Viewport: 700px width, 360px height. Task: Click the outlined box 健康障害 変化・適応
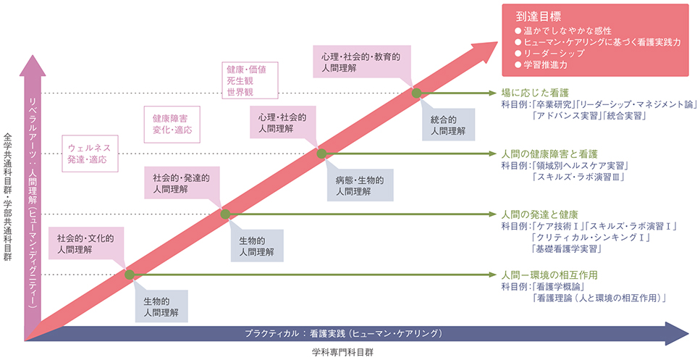(x=171, y=122)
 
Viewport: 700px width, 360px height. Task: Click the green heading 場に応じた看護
(x=535, y=93)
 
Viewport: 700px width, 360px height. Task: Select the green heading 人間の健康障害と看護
(x=550, y=154)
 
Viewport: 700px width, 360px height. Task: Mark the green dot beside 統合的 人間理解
(x=416, y=93)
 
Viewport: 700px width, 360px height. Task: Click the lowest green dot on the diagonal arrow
(x=130, y=275)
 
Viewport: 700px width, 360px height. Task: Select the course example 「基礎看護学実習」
(x=568, y=249)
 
